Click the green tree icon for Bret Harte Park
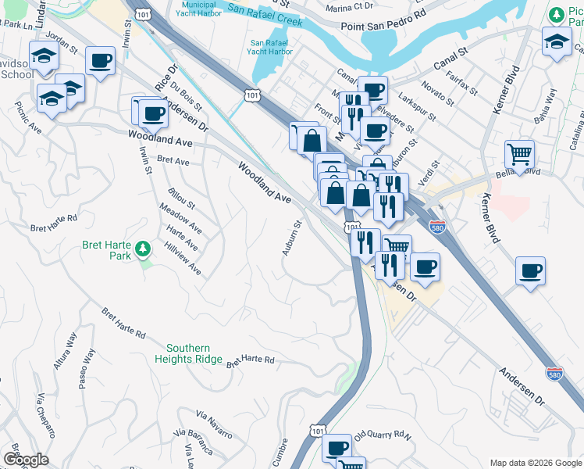(142, 249)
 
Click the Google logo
(26, 460)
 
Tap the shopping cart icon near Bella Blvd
(519, 153)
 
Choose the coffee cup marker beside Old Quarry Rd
(337, 448)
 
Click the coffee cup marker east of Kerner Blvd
(530, 271)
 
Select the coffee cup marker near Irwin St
(100, 60)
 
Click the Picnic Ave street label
(27, 116)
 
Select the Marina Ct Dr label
(351, 6)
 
